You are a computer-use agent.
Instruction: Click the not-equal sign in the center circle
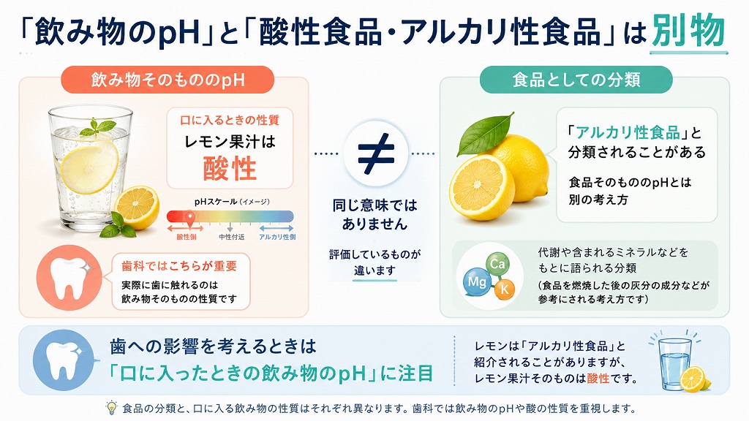[x=376, y=153]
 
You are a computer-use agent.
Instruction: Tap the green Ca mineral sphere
[x=497, y=264]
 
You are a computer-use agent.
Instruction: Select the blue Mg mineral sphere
[x=477, y=281]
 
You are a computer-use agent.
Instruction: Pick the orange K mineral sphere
[x=504, y=288]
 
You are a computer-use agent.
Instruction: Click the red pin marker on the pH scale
[x=189, y=219]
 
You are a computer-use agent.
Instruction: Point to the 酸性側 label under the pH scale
[x=187, y=237]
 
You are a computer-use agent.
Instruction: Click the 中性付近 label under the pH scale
[x=231, y=237]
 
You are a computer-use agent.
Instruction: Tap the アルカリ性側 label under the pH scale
[x=277, y=237]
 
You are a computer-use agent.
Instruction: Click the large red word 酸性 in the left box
[x=230, y=169]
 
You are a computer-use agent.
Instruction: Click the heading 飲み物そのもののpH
[x=168, y=80]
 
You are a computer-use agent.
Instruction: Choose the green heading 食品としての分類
[x=576, y=80]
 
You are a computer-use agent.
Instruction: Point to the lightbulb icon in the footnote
[x=111, y=408]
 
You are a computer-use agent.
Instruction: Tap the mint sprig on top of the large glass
[x=98, y=127]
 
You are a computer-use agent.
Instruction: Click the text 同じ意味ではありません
[x=375, y=214]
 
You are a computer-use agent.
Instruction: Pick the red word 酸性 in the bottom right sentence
[x=598, y=379]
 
